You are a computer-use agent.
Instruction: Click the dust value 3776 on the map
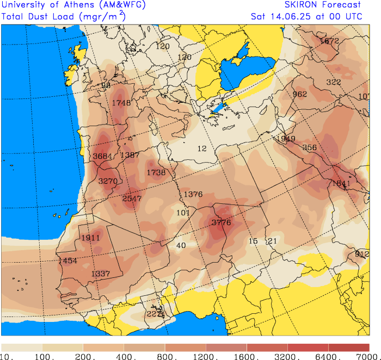(x=221, y=222)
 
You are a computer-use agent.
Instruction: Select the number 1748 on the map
(x=121, y=103)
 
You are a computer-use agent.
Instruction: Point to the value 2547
(x=132, y=198)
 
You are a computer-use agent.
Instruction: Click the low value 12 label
(x=202, y=148)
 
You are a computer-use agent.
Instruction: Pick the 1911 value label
(x=90, y=238)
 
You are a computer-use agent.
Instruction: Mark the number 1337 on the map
(x=101, y=274)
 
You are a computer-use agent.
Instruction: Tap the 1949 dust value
(x=285, y=139)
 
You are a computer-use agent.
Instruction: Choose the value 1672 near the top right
(x=329, y=41)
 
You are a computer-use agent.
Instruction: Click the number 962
(x=300, y=94)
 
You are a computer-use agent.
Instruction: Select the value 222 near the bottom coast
(x=153, y=314)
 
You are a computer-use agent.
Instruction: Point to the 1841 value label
(x=340, y=183)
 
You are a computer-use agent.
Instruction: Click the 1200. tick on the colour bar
(x=206, y=356)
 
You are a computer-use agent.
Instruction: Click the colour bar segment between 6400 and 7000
(x=349, y=347)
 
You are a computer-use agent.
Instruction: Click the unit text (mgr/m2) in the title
(x=102, y=16)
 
